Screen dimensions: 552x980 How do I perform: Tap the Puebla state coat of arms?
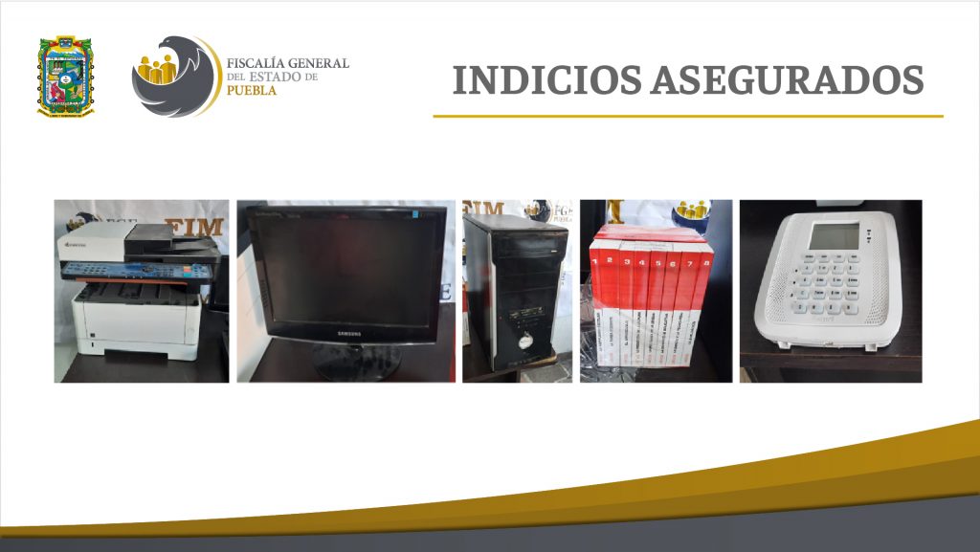(65, 76)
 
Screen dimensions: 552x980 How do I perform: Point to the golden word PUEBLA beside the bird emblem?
(252, 91)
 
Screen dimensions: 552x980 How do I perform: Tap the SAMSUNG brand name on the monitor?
(347, 332)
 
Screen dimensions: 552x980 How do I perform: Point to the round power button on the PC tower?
(523, 340)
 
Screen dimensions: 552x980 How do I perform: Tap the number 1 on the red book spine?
(607, 259)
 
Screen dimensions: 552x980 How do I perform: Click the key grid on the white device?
(828, 287)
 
